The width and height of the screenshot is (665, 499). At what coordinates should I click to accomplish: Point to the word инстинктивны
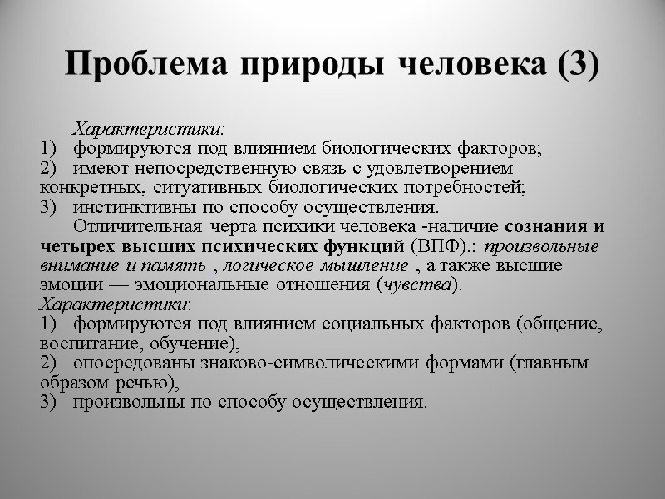(129, 207)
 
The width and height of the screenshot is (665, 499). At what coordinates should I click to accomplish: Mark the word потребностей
(476, 188)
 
